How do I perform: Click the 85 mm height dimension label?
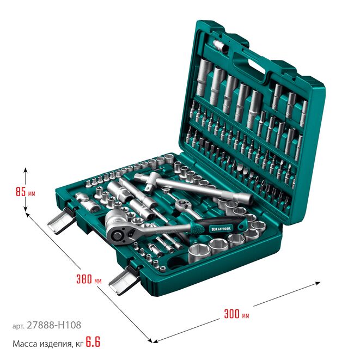coord(26,192)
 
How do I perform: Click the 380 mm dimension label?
coord(89,279)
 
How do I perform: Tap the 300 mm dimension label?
coord(236,314)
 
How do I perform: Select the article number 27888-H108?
coord(54,325)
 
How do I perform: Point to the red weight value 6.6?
coord(93,342)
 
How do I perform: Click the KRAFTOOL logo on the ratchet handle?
coord(221,228)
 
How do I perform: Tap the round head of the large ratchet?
coord(119,233)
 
